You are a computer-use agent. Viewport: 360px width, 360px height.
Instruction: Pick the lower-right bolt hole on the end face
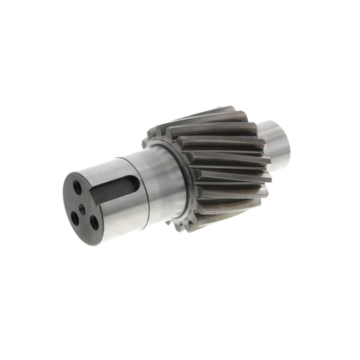pyautogui.click(x=93, y=223)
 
